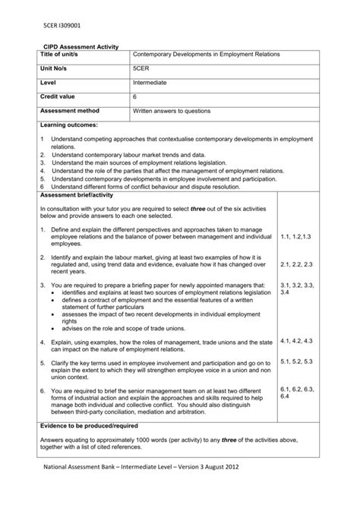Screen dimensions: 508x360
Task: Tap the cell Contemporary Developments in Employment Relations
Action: (x=207, y=55)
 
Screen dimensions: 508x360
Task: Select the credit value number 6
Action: (x=135, y=96)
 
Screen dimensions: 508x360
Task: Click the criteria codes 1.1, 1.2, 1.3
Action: (x=297, y=238)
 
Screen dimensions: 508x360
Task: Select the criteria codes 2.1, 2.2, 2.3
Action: (x=297, y=263)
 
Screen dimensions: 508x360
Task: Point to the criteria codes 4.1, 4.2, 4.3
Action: (x=297, y=342)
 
